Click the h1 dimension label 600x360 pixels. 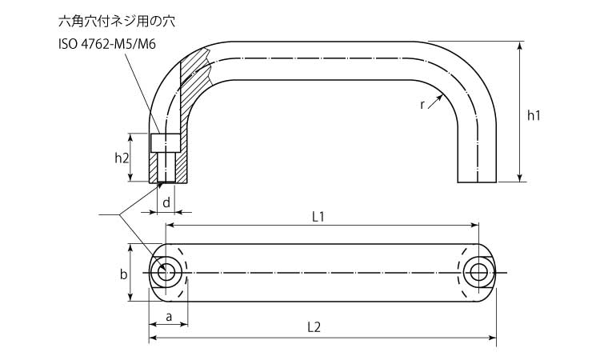click(534, 115)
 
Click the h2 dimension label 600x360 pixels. click(122, 158)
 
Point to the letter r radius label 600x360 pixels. click(422, 104)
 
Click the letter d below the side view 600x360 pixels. click(166, 203)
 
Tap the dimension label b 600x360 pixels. click(123, 274)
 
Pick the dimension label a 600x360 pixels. click(169, 316)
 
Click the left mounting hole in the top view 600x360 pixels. click(167, 272)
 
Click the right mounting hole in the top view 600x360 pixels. click(478, 272)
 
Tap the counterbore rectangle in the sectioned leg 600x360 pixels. click(164, 142)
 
